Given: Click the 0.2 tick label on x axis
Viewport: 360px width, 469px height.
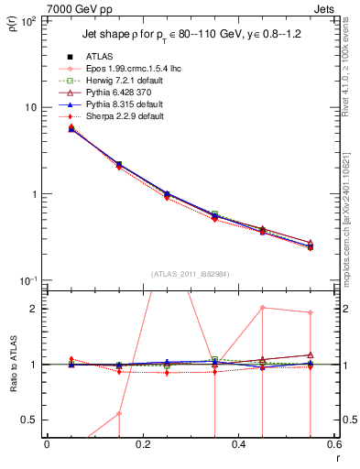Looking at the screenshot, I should (x=142, y=445).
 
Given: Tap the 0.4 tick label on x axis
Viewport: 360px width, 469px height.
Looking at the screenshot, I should (x=238, y=445).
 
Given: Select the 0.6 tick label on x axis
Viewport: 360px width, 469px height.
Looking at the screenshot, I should (x=333, y=445).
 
